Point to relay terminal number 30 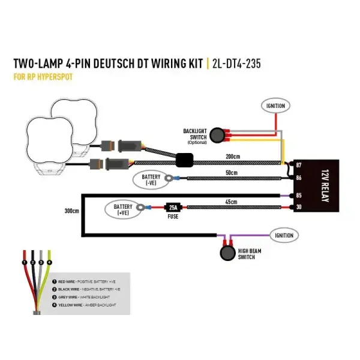(x=298, y=208)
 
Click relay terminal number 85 (x=298, y=194)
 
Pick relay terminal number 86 (x=298, y=178)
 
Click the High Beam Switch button (x=227, y=253)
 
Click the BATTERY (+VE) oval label (x=124, y=209)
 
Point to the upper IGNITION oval (x=275, y=106)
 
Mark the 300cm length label (x=71, y=211)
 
